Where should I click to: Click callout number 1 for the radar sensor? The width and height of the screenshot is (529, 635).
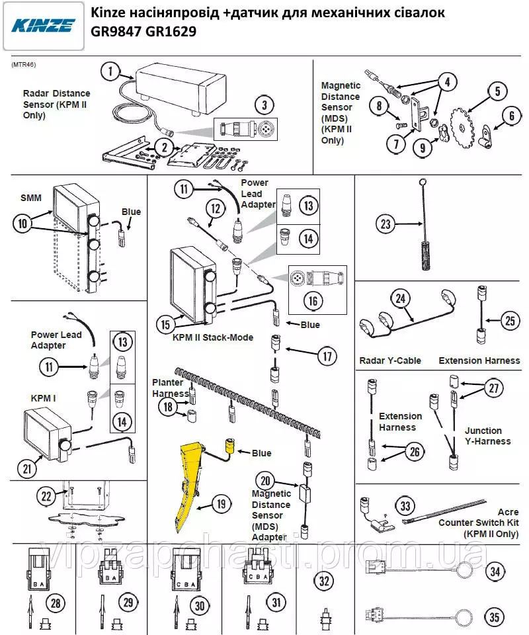pyautogui.click(x=112, y=71)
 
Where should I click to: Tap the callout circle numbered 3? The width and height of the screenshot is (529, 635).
pyautogui.click(x=264, y=105)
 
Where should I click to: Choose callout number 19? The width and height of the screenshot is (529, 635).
pyautogui.click(x=222, y=504)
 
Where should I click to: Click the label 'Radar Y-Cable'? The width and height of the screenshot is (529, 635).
pyautogui.click(x=390, y=361)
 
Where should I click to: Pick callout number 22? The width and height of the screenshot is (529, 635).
pyautogui.click(x=46, y=497)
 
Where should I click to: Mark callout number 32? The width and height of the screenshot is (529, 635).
pyautogui.click(x=324, y=582)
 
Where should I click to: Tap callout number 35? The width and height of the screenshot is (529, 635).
pyautogui.click(x=495, y=618)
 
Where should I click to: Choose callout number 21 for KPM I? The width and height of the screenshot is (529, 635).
pyautogui.click(x=27, y=469)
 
